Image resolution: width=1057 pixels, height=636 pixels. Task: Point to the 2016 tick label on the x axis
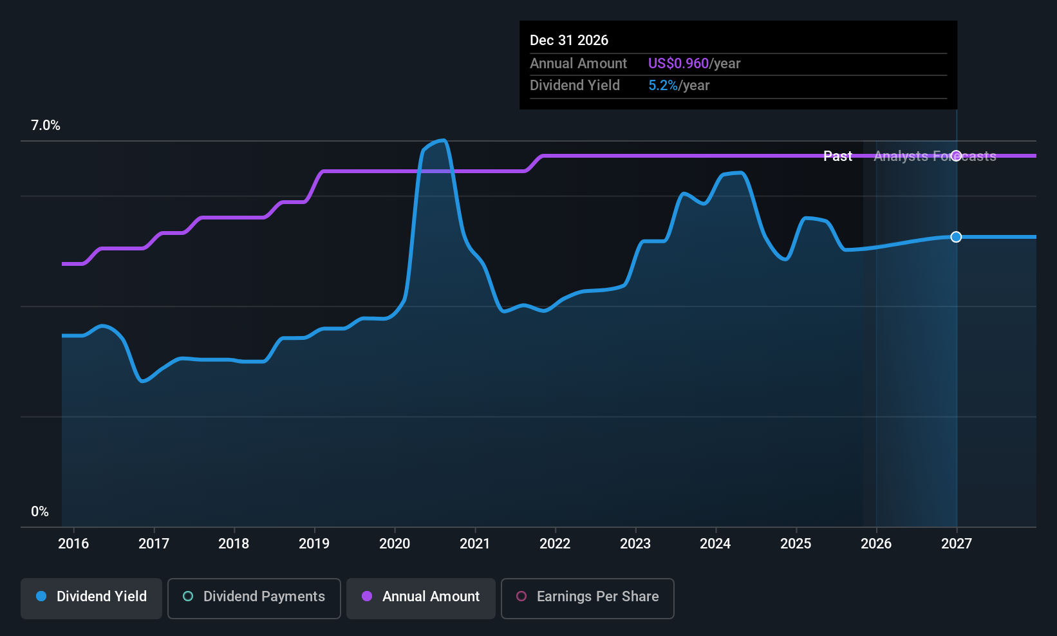coord(73,544)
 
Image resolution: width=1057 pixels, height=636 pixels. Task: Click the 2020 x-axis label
coord(395,544)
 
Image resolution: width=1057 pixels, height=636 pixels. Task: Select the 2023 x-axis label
coord(635,544)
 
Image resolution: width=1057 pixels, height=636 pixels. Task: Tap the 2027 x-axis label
coord(957,544)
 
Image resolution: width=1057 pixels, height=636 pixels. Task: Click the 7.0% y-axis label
coord(46,126)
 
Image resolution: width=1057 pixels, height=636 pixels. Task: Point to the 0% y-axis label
coord(40,512)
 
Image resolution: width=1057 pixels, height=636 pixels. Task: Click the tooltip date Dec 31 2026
coord(569,41)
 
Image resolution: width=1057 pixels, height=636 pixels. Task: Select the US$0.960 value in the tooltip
coord(678,64)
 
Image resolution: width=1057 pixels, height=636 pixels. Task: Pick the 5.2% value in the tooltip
coord(662,86)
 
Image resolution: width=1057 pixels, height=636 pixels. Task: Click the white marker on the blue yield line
coord(957,237)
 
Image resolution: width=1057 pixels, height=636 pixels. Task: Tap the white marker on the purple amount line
coord(957,156)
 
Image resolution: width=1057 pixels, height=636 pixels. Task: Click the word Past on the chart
coord(837,156)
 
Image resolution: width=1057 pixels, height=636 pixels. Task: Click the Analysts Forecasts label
coord(935,156)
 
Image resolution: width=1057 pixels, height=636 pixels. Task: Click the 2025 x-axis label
coord(796,544)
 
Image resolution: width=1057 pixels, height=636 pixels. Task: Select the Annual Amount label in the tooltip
coord(578,64)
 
